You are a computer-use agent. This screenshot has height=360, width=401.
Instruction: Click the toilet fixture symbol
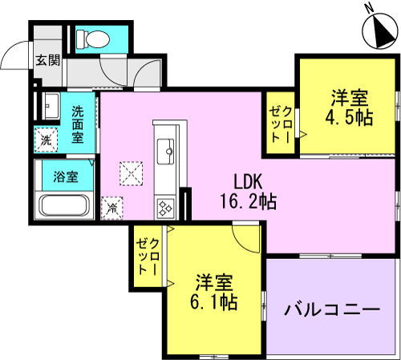click(92, 39)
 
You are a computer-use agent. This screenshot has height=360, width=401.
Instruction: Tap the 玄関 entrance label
click(48, 60)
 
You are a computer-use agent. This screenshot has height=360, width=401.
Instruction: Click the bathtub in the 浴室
click(64, 205)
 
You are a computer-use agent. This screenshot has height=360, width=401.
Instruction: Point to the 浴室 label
click(66, 176)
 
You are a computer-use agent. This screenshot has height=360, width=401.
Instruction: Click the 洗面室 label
click(78, 125)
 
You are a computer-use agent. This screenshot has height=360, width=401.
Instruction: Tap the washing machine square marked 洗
click(46, 140)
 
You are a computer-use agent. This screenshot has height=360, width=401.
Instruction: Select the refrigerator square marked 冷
click(112, 208)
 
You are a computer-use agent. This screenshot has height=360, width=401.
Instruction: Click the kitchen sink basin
click(165, 152)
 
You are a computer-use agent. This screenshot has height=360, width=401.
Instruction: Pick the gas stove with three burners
click(165, 208)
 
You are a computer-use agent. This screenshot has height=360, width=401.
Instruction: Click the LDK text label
click(248, 181)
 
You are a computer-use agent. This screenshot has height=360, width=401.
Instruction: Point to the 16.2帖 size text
click(248, 201)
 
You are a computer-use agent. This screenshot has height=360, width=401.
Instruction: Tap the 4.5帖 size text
click(349, 117)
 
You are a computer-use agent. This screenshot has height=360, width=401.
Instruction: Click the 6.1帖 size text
click(214, 302)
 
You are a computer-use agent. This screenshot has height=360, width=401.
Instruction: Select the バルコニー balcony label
click(332, 309)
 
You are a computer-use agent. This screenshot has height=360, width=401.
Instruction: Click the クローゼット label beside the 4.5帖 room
click(281, 124)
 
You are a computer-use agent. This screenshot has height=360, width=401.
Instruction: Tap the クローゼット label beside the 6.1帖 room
click(148, 256)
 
